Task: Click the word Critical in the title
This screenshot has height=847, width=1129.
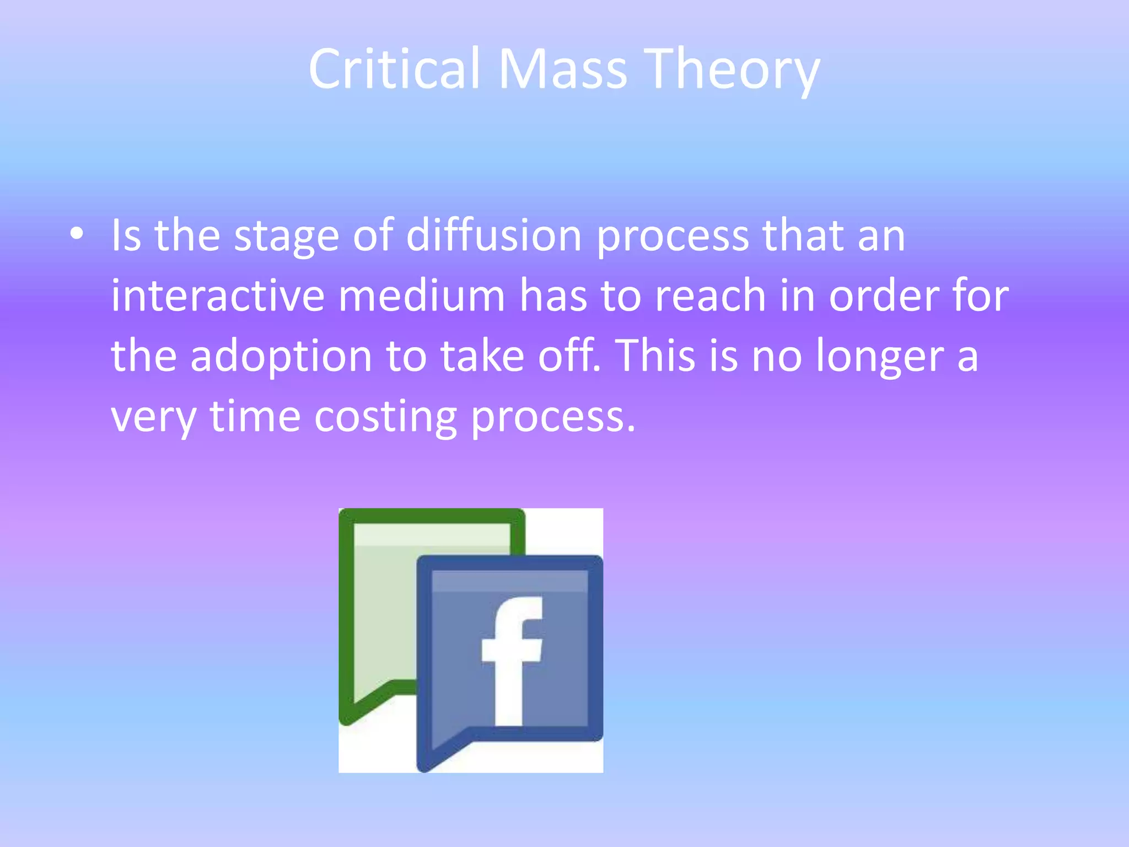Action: pyautogui.click(x=394, y=69)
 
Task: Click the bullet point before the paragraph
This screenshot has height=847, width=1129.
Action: pyautogui.click(x=77, y=234)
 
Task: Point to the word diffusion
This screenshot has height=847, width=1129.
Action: pyautogui.click(x=494, y=236)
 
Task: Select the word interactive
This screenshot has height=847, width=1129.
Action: pyautogui.click(x=218, y=296)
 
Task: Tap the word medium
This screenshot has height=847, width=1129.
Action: pyautogui.click(x=422, y=296)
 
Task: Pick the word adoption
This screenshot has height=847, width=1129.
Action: pyautogui.click(x=281, y=356)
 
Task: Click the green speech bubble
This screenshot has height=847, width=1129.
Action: pyautogui.click(x=380, y=607)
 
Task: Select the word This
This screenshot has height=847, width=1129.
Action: pyautogui.click(x=654, y=356)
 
